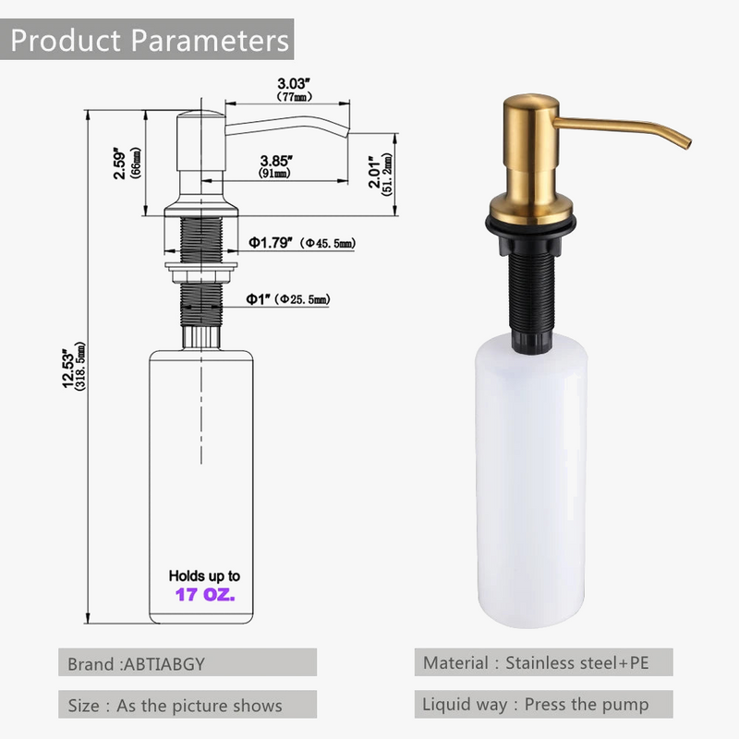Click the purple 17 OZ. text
[205, 596]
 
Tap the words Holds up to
[205, 575]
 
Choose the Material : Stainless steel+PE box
[542, 662]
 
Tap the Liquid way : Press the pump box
[542, 705]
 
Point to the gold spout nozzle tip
[684, 140]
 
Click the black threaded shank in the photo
[528, 286]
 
